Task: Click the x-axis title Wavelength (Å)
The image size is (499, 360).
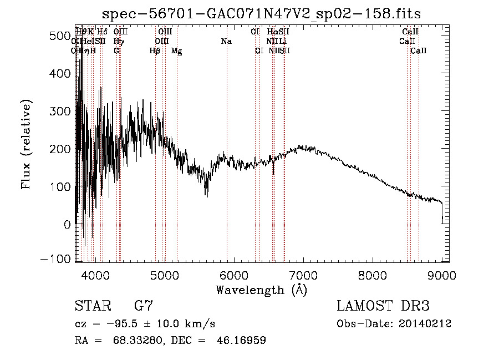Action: [x=261, y=290]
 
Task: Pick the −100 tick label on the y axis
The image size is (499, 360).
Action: [x=57, y=260]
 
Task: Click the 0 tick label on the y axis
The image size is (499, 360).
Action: [x=67, y=225]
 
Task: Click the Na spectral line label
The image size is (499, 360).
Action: [x=226, y=42]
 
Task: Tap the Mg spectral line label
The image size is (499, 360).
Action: [x=176, y=51]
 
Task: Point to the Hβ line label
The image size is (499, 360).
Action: [x=155, y=51]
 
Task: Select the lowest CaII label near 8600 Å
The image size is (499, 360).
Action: [x=419, y=51]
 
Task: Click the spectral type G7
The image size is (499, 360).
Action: [x=143, y=306]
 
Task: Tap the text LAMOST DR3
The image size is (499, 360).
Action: [x=383, y=306]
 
